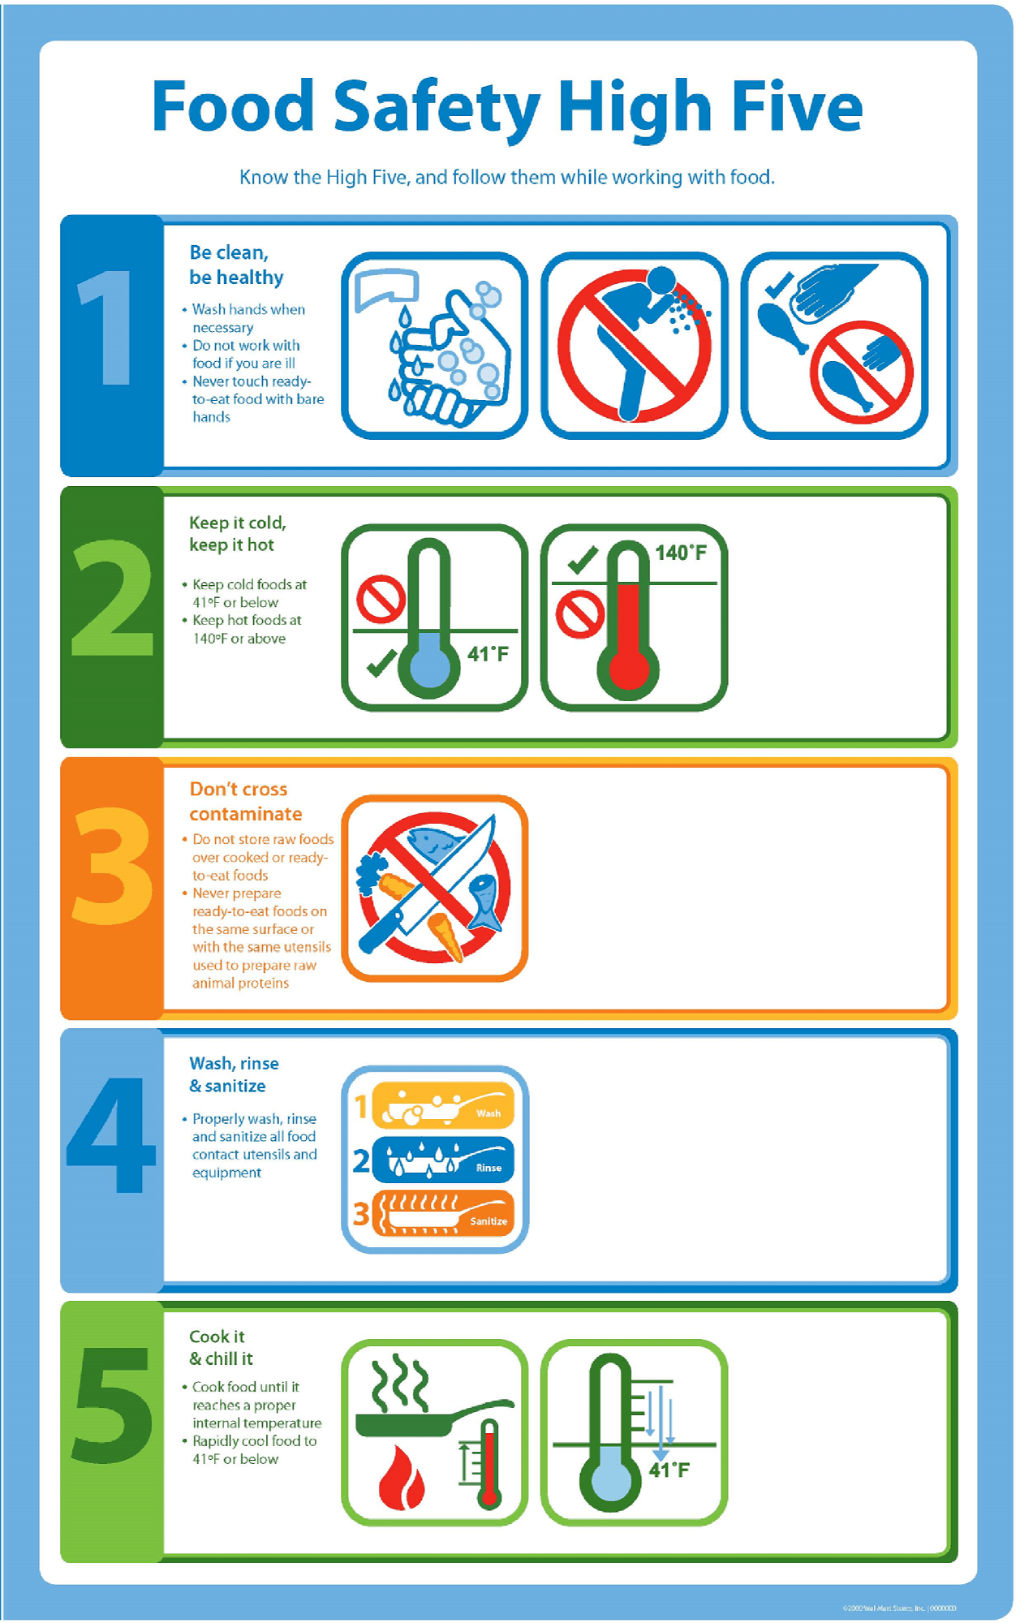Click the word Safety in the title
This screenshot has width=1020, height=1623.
(437, 108)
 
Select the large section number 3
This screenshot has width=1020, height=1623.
(113, 866)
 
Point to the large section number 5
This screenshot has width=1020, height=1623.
(113, 1405)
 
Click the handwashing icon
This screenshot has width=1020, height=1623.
(435, 346)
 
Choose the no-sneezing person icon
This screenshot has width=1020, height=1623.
(634, 346)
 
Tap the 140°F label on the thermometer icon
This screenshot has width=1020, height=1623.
(680, 553)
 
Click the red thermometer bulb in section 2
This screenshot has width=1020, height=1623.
(628, 669)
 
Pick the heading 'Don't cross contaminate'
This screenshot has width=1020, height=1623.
(245, 801)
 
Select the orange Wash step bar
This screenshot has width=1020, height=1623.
(443, 1105)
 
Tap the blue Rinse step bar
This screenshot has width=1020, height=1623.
(443, 1159)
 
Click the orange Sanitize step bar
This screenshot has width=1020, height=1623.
(443, 1212)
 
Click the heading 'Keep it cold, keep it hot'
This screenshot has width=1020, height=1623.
(237, 533)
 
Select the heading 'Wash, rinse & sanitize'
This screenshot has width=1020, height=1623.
(234, 1074)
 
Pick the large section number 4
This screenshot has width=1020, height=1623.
(111, 1136)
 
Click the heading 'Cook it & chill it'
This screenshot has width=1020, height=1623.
(220, 1347)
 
